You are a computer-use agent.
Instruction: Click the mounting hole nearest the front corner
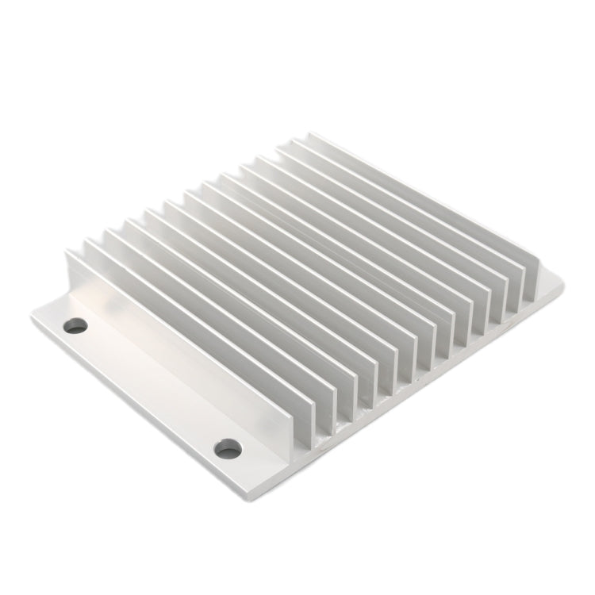[228, 448]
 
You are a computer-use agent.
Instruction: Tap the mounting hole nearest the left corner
[75, 325]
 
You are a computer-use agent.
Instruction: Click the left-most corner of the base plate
[32, 315]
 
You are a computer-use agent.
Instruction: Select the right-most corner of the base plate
[563, 282]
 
